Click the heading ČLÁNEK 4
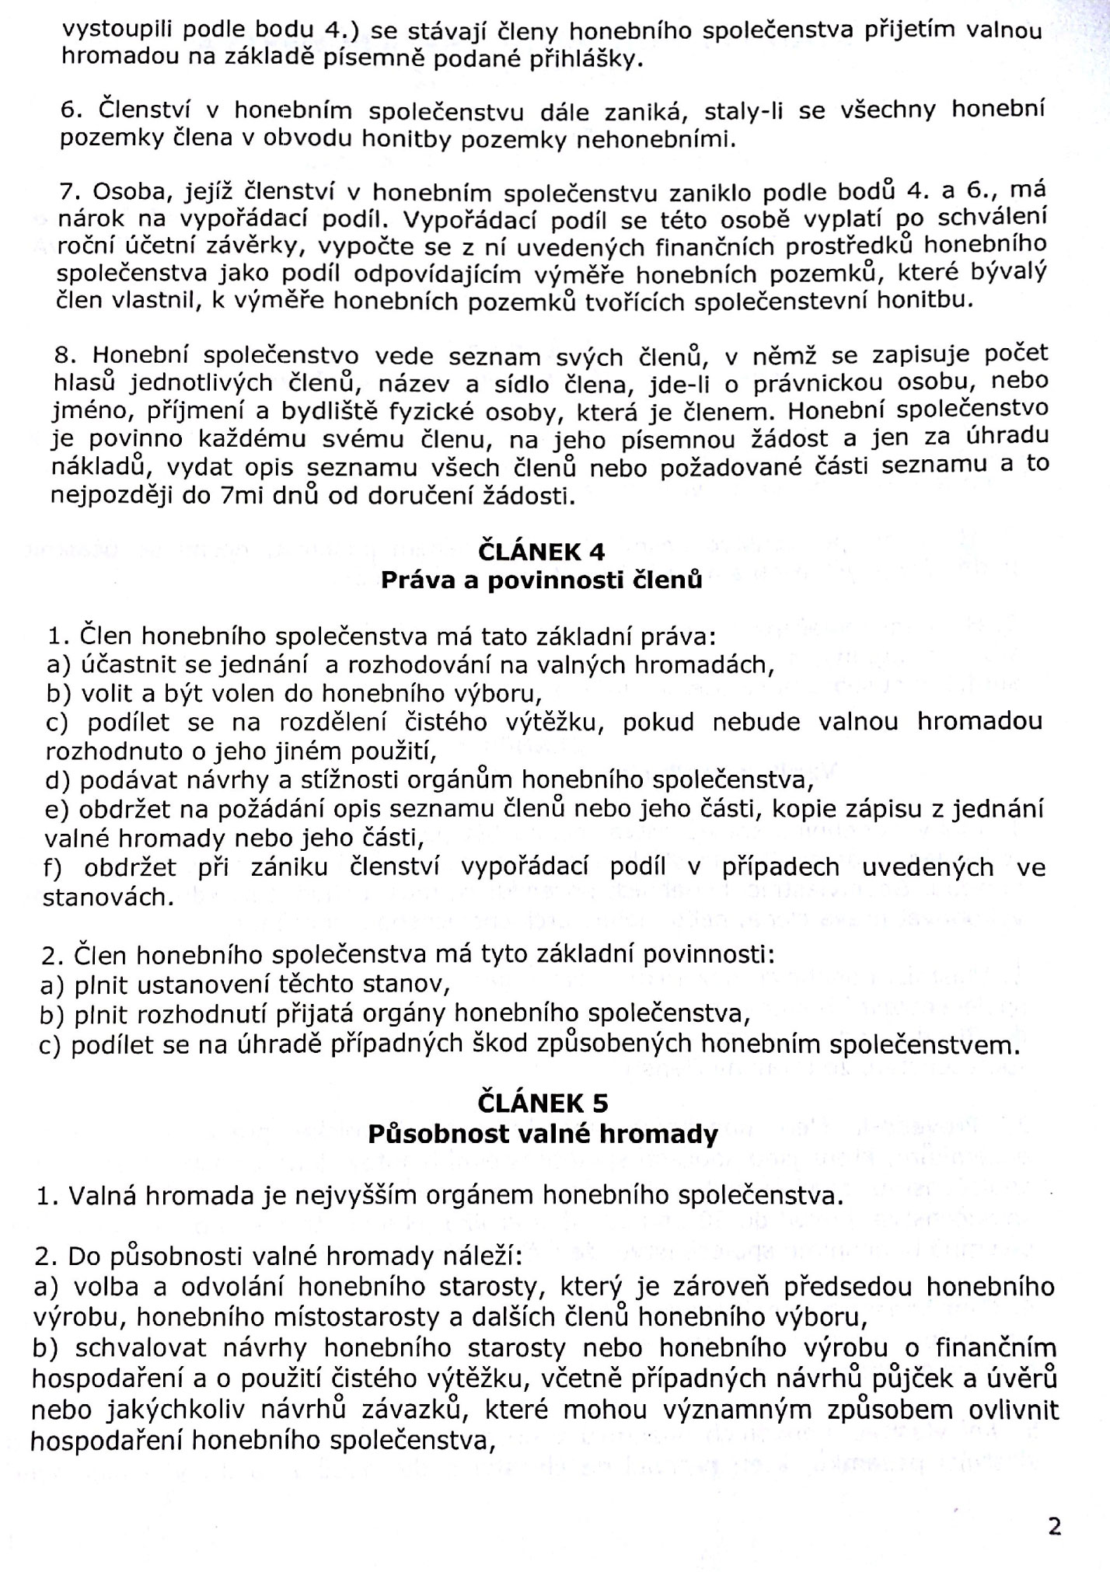click(541, 552)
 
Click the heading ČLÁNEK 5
click(543, 1103)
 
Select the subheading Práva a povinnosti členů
click(541, 580)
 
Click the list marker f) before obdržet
click(54, 868)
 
